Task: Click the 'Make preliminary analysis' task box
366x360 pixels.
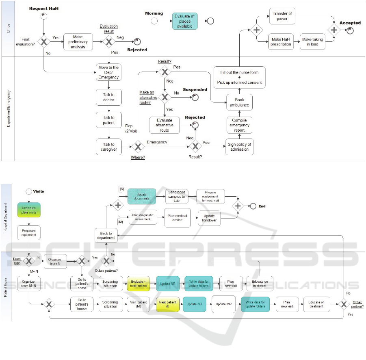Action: coord(78,42)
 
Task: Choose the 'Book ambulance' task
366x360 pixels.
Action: coord(239,102)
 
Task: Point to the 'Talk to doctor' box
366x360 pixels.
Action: coord(108,98)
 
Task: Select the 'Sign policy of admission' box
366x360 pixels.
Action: coord(239,146)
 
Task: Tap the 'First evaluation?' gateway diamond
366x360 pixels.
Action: coord(43,41)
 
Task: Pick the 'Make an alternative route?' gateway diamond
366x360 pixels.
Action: coord(165,98)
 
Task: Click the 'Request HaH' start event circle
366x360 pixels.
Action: coord(43,15)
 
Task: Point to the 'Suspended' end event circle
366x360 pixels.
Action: coord(195,97)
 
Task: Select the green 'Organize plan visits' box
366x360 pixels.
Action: coord(29,210)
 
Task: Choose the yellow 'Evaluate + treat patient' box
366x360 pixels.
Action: coord(139,283)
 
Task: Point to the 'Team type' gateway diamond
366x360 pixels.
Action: coord(29,261)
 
